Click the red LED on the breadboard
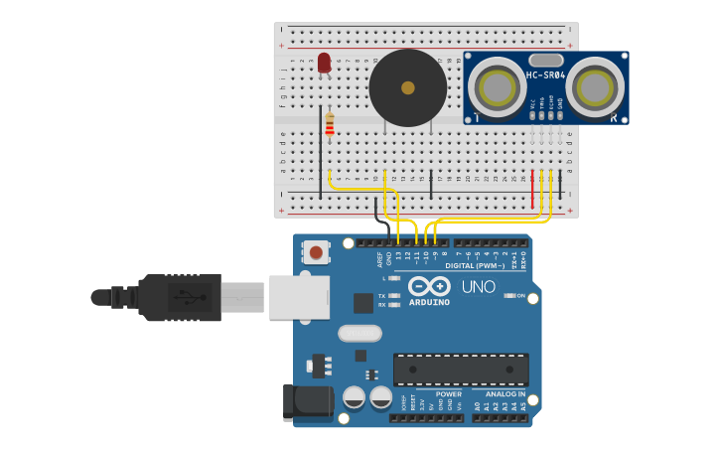(324, 63)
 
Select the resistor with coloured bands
(330, 125)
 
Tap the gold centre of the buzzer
(407, 87)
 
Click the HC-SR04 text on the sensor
(545, 75)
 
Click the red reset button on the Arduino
(316, 252)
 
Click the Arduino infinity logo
(428, 285)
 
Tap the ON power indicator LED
(508, 296)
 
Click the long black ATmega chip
(461, 369)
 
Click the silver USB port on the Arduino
(298, 297)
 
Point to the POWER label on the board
(448, 394)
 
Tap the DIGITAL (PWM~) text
(474, 265)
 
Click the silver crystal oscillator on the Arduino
(360, 333)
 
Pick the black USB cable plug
(179, 297)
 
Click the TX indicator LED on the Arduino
(395, 296)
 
